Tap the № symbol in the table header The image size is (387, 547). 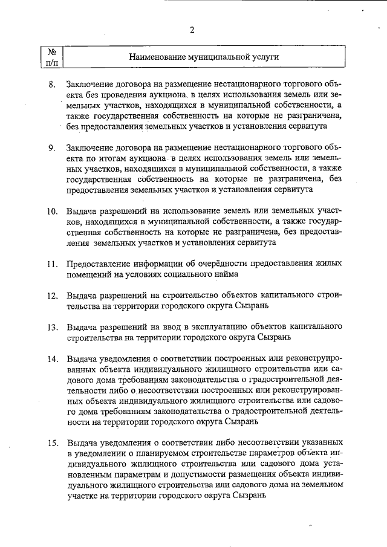(x=51, y=52)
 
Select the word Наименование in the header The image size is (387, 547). (x=156, y=57)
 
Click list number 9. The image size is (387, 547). (x=53, y=148)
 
